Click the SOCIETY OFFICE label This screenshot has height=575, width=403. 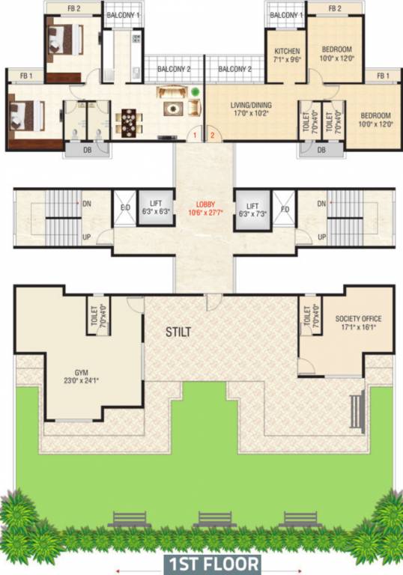click(355, 318)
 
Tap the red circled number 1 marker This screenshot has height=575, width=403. click(195, 136)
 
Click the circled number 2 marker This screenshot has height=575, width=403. click(212, 136)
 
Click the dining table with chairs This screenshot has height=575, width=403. click(130, 121)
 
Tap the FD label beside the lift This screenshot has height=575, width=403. click(285, 210)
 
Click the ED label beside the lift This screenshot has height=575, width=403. click(124, 210)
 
